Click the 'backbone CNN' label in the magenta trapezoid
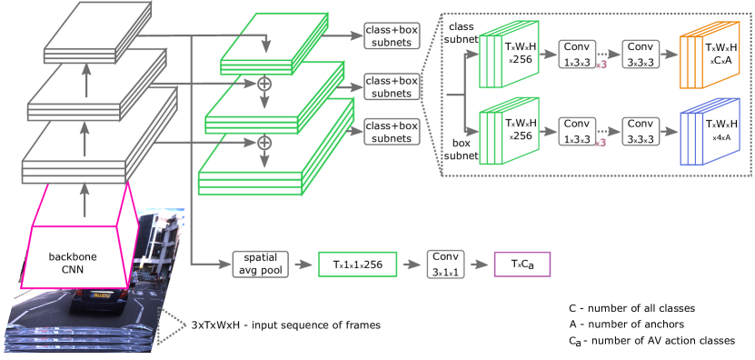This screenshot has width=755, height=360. pos(84,264)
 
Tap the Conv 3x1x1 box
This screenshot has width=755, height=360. pos(445,264)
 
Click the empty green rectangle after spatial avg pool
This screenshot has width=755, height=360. pos(357,264)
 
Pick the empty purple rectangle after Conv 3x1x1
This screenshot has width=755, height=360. pos(522,264)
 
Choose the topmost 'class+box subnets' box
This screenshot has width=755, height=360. pos(391,36)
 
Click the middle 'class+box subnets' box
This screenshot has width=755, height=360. pos(391,87)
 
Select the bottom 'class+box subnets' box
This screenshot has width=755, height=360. pos(391,132)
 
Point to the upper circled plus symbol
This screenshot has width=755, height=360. pos(265,83)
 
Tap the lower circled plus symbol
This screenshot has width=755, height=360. pos(265,143)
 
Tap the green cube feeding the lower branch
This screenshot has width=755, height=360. pos(508,133)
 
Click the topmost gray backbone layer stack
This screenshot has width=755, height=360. pos(99,34)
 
